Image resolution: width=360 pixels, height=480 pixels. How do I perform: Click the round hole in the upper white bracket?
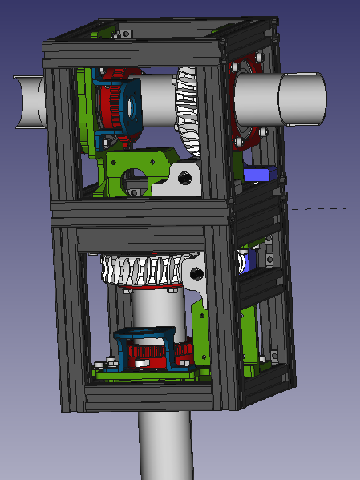coord(185,177)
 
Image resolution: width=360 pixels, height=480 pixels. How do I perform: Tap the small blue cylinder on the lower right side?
coord(244,260)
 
